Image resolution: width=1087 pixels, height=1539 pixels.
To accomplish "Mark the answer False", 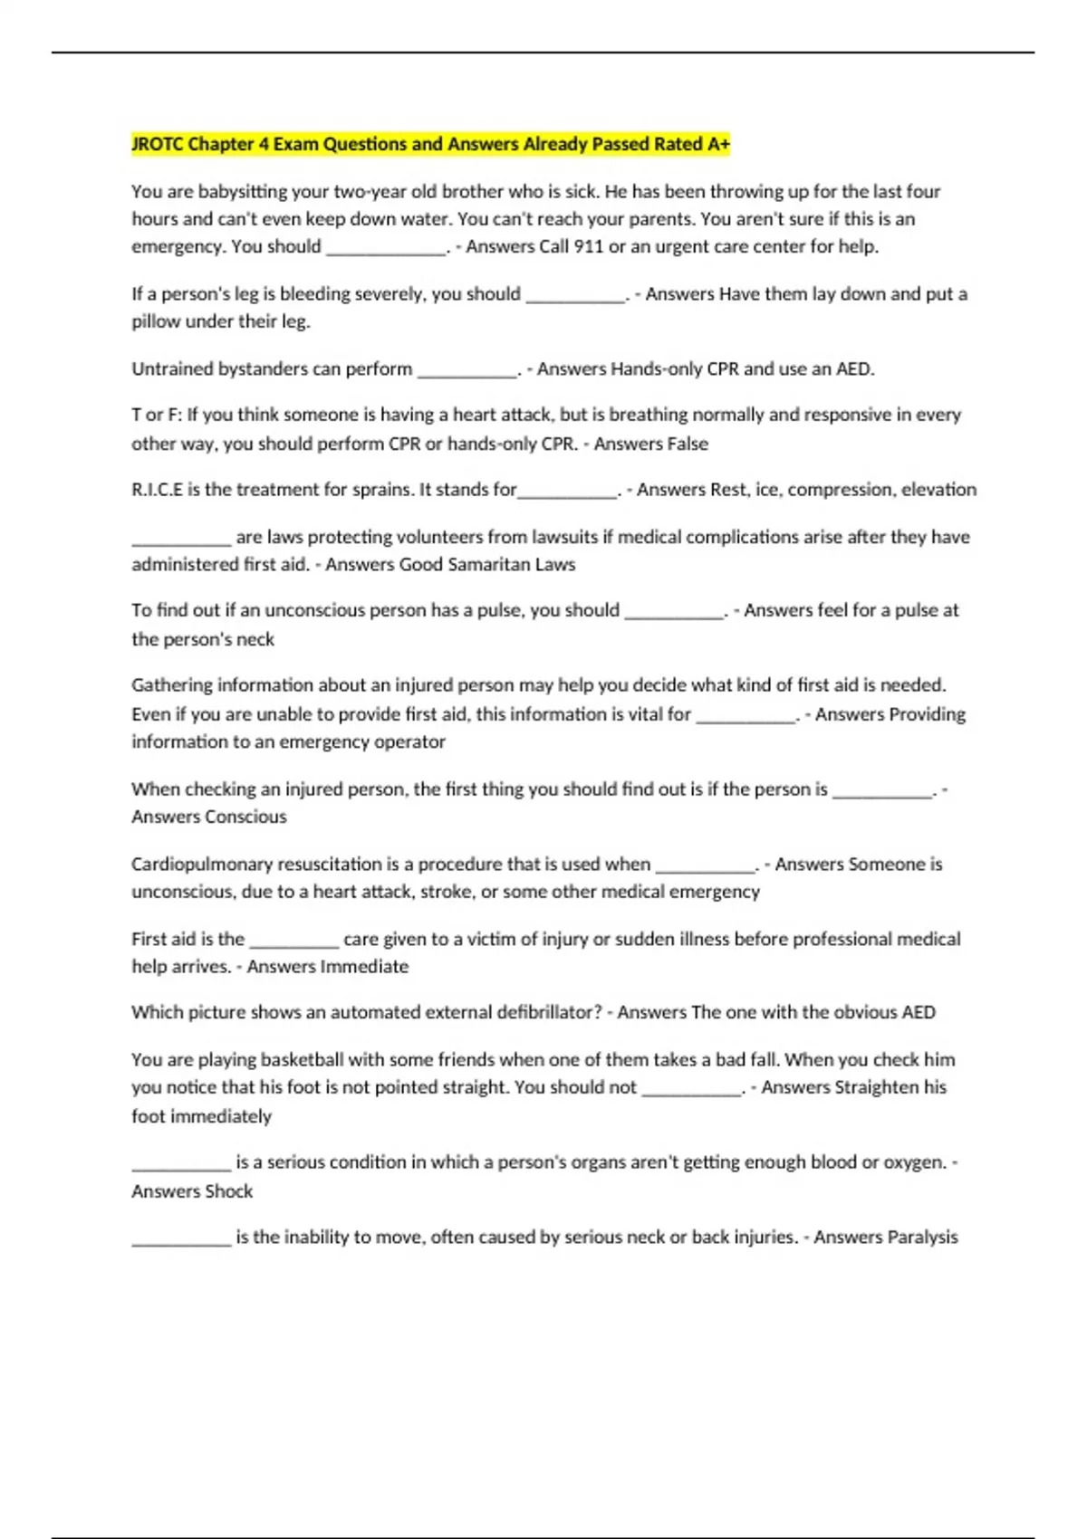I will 686,444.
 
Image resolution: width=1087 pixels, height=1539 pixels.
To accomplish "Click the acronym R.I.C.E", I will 157,490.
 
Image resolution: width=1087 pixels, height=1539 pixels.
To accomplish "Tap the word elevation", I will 939,490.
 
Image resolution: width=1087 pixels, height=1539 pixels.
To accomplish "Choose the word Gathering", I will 173,685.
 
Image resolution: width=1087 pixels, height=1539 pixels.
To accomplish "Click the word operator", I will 410,741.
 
